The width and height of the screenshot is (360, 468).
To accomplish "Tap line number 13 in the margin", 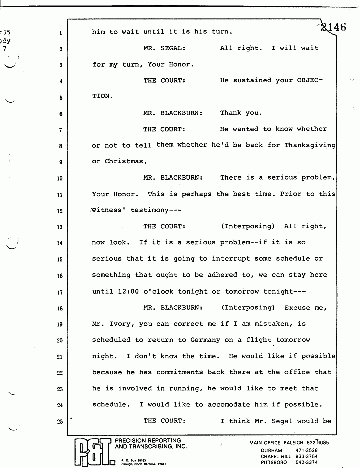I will [x=59, y=227].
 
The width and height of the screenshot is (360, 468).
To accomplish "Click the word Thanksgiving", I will [x=310, y=145].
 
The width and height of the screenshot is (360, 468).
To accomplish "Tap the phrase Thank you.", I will [x=241, y=113].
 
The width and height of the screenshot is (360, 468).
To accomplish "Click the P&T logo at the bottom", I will [x=92, y=451].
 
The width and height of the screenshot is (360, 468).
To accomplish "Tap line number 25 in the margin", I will [x=59, y=421].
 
